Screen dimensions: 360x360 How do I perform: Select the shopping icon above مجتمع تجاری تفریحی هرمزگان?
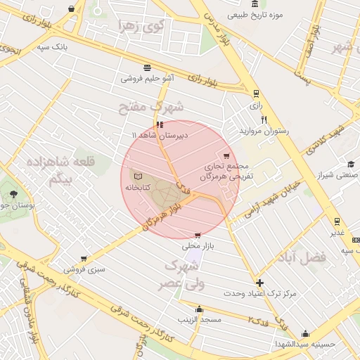point(226,156)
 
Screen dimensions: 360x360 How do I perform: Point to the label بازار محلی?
point(197,246)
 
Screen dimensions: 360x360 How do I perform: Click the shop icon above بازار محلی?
point(198,235)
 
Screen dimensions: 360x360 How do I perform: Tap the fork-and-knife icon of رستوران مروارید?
point(264,120)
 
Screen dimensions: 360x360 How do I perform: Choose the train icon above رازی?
point(255,92)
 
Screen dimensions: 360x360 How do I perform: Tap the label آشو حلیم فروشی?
point(148,79)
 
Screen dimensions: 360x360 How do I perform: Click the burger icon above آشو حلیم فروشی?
point(146,67)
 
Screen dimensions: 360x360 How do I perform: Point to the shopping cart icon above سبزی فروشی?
point(84,258)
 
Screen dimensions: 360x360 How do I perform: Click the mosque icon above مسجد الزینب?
point(199,309)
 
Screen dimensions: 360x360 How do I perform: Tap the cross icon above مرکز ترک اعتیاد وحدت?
point(260,282)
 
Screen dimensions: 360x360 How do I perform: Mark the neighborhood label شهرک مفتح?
point(151,107)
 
